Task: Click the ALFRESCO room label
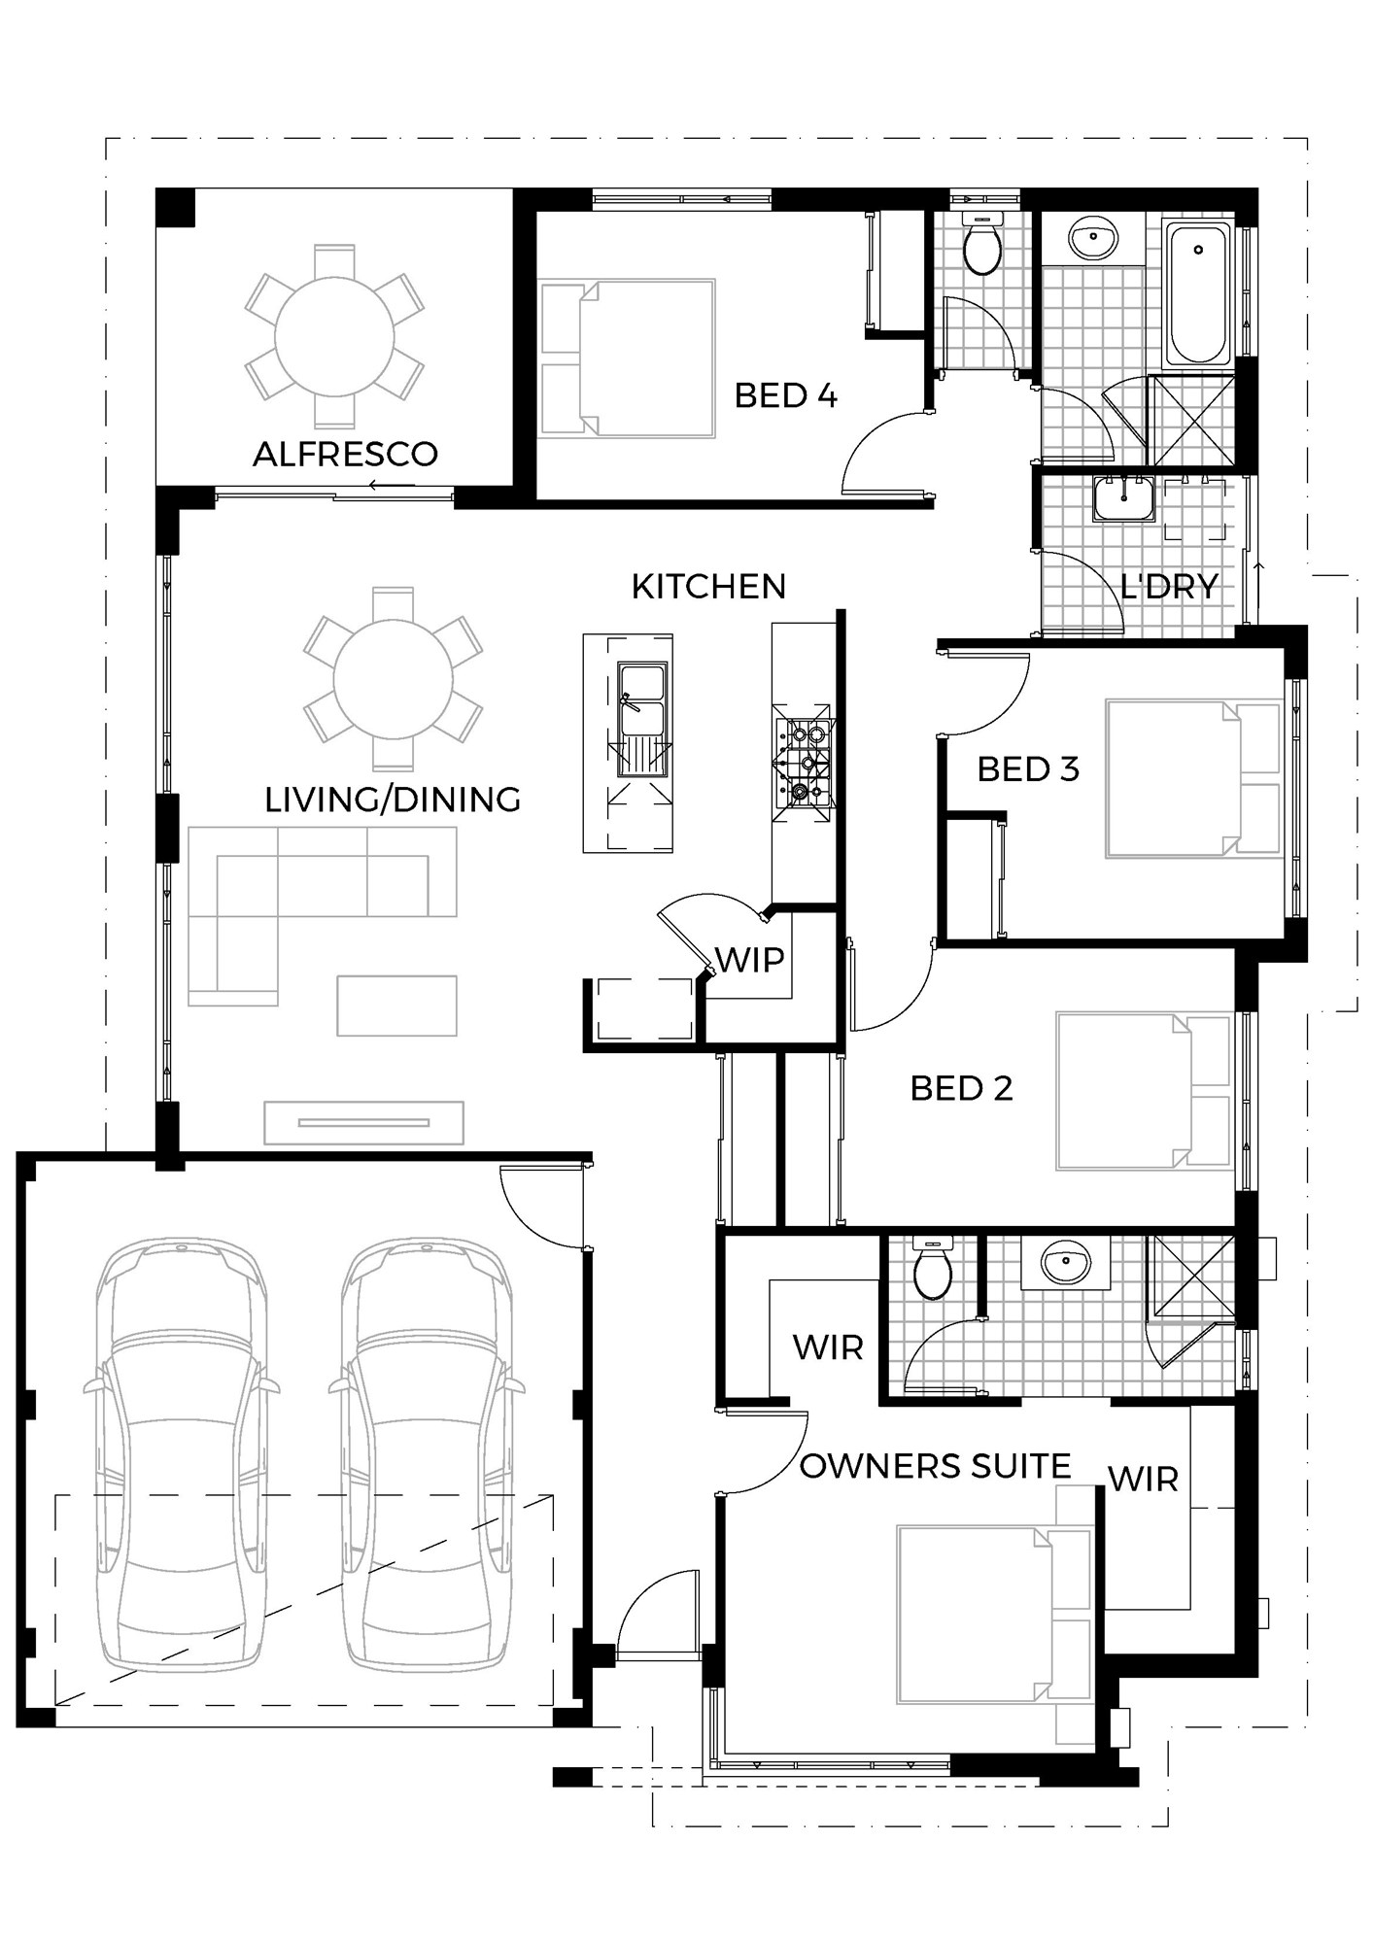345,454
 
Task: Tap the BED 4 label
785,395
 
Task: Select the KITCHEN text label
708,586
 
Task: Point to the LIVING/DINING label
393,799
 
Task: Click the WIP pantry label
749,960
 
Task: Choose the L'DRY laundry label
1169,586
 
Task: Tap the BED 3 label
1028,768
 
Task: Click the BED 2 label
961,1088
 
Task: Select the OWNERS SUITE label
935,1466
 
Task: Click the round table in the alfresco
334,336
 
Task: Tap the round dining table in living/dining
393,679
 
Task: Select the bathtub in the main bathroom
1199,293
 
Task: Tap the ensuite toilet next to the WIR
934,1269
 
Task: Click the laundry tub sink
1124,499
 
